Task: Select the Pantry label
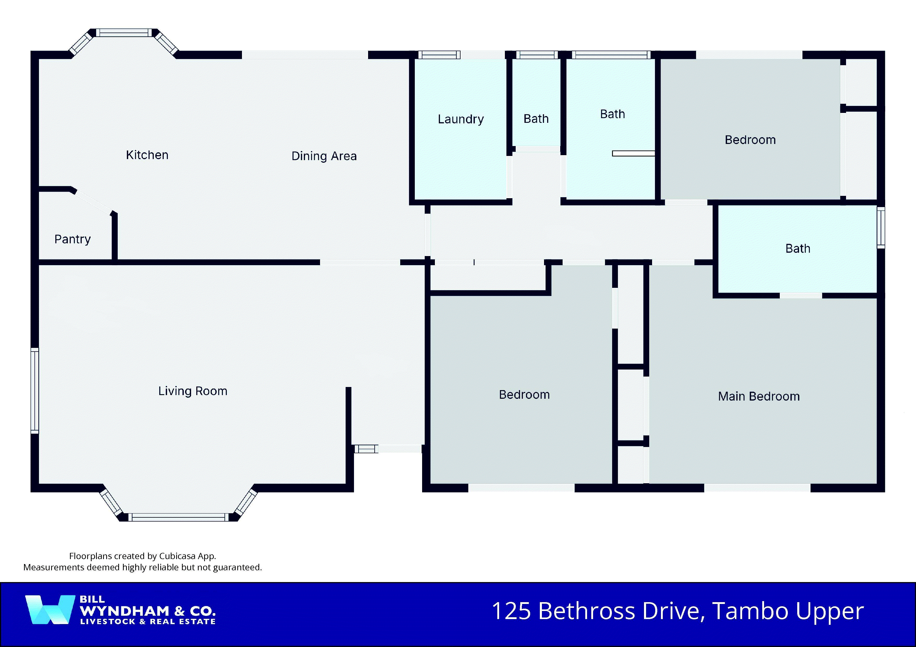[x=73, y=239]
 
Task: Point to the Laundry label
[x=461, y=119]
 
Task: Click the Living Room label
[x=193, y=391]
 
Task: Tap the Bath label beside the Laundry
[x=536, y=119]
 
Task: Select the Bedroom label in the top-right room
[x=750, y=140]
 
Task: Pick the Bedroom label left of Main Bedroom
[x=524, y=395]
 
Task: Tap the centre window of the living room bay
[x=178, y=517]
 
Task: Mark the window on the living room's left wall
[x=35, y=390]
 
